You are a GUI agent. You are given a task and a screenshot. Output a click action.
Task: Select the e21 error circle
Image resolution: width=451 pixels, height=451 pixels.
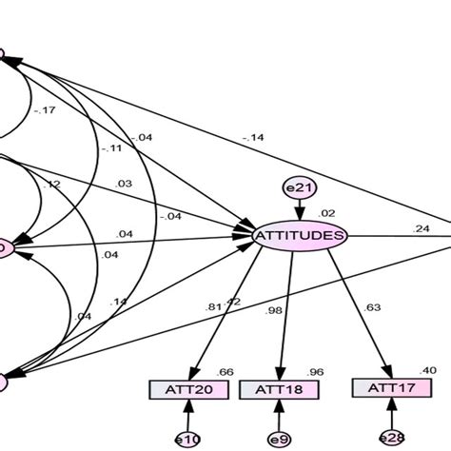pos(299,189)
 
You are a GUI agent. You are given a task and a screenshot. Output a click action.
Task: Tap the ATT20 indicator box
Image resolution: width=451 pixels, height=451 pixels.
pos(188,389)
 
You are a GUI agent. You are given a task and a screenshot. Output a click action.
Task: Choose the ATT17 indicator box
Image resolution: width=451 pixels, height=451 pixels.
pos(387,388)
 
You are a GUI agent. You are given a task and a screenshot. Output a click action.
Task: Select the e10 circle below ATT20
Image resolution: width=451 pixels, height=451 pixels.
pos(188,439)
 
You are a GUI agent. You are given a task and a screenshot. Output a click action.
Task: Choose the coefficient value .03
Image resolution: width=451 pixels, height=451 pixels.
pos(124,184)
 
